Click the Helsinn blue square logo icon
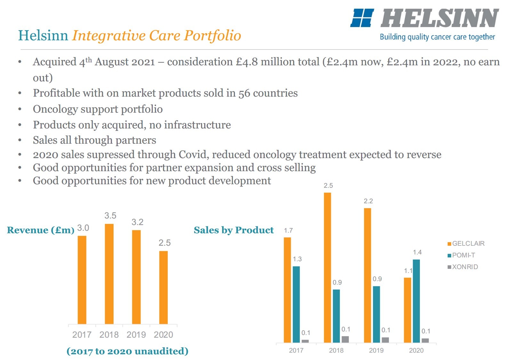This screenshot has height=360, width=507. point(362,18)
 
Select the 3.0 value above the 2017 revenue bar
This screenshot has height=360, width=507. point(83,228)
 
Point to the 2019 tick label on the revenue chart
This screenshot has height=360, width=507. point(136,335)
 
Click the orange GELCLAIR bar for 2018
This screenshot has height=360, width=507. point(327,267)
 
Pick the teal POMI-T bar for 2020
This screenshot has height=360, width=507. point(416,301)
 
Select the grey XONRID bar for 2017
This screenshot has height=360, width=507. point(305,341)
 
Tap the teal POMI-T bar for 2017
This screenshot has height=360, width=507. point(296,304)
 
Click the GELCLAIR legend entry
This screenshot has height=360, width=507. point(466,244)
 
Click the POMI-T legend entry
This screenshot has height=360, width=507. point(462,255)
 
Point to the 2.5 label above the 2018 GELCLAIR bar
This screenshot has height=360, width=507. point(328,186)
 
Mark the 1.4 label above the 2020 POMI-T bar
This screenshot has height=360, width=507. point(417,252)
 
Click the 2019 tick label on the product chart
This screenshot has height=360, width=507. point(376,350)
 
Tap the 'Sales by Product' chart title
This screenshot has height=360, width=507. point(234,230)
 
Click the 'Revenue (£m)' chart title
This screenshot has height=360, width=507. point(41,230)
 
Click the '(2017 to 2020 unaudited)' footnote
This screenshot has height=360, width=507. point(127,351)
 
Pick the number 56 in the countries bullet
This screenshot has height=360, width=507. point(244,93)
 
